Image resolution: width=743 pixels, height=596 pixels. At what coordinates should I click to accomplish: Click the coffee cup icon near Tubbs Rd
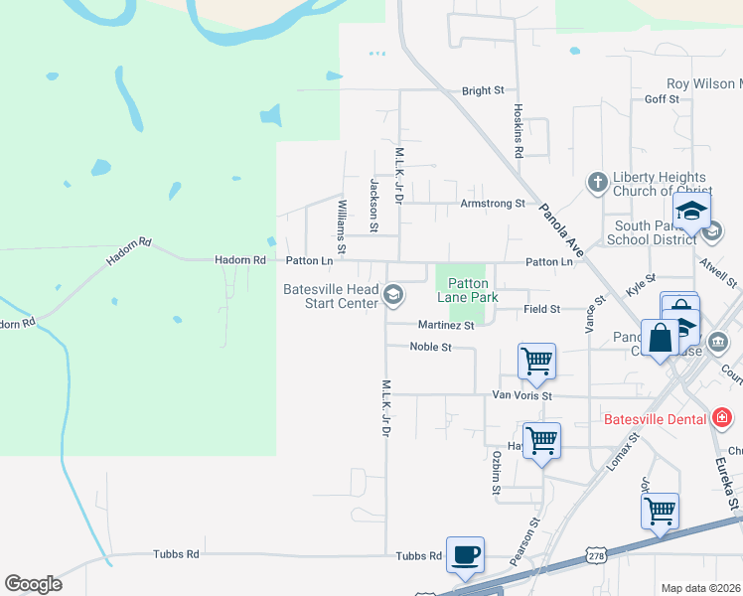point(464,555)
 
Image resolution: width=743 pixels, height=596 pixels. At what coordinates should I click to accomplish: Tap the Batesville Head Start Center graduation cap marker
point(394,293)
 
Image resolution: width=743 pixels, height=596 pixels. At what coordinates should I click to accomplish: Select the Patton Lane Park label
point(467,290)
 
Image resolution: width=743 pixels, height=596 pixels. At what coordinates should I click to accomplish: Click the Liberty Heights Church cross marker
point(597,182)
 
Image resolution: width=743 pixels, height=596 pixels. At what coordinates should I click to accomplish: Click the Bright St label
point(483,90)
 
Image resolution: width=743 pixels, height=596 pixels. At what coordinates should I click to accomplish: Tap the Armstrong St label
point(492,204)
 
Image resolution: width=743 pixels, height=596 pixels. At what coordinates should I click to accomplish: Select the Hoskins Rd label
point(519,132)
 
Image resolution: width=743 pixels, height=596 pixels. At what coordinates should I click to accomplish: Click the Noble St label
point(431,348)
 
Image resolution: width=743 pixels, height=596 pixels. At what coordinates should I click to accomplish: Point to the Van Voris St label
point(521,395)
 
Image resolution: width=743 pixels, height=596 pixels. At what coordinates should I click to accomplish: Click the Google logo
point(33,584)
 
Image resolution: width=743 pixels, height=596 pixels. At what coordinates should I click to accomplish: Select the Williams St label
point(342,223)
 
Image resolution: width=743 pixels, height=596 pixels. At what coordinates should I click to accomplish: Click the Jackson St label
point(374,206)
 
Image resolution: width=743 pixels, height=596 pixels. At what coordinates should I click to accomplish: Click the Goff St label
point(662,99)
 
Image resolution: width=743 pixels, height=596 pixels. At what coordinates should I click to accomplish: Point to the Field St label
point(542,310)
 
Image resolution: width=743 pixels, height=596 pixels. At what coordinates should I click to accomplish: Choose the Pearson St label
point(524,541)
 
